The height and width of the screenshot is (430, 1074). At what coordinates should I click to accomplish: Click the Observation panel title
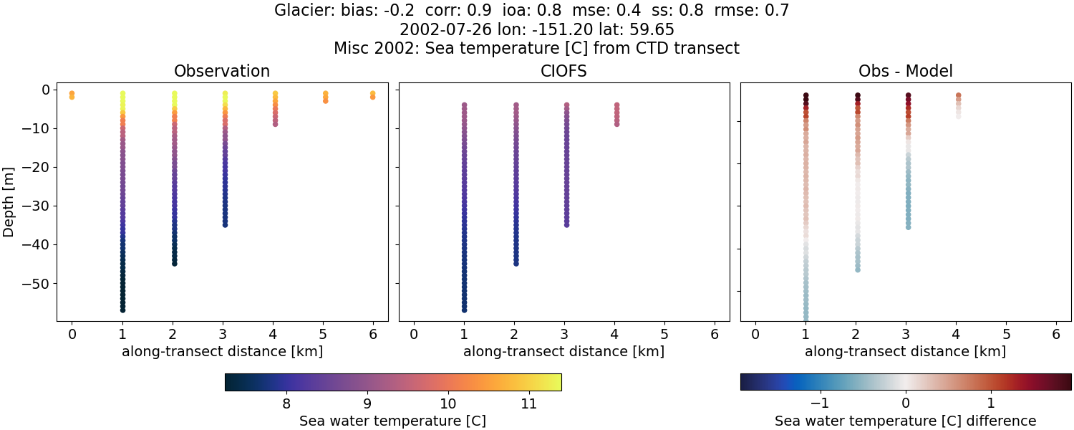click(222, 72)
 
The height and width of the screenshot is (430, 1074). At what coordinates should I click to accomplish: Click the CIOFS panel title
click(563, 72)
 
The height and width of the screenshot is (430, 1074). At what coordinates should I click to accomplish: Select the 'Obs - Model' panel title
click(905, 72)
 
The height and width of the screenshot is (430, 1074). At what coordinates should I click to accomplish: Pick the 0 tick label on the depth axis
click(45, 90)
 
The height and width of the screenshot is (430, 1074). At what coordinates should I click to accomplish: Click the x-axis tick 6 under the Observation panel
click(372, 335)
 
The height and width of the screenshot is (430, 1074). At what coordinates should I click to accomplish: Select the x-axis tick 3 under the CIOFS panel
click(564, 335)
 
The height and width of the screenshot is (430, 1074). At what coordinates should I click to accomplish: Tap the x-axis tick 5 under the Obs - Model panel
click(1006, 335)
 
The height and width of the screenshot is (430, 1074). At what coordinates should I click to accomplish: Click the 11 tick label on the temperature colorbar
click(528, 404)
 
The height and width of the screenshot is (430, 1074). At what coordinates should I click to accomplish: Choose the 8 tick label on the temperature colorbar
click(286, 404)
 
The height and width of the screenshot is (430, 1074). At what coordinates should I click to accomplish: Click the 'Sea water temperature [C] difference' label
click(905, 421)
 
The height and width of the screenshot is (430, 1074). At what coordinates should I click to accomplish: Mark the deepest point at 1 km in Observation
click(122, 310)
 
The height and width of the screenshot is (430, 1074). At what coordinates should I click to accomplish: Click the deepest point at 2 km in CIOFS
click(516, 263)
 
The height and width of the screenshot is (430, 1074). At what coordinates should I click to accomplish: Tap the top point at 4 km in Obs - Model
click(958, 96)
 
